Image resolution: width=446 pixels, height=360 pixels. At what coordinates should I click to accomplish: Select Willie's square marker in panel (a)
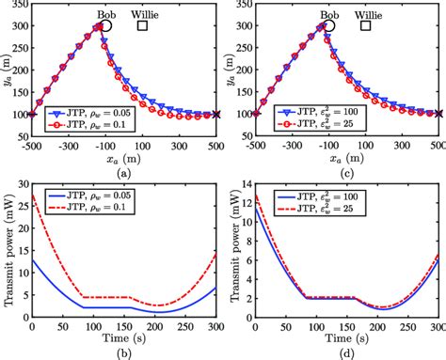143,26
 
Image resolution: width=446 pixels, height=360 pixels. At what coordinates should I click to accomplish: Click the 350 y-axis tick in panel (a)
19,5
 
